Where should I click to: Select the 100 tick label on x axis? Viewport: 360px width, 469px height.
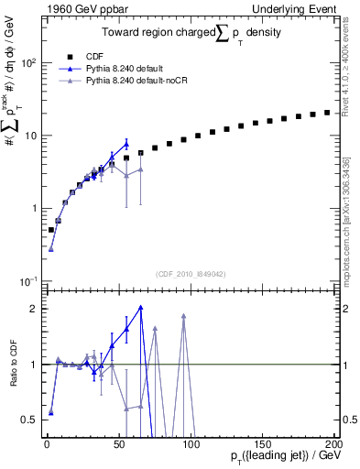pyautogui.click(x=191, y=444)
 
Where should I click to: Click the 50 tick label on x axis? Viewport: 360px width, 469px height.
pyautogui.click(x=118, y=444)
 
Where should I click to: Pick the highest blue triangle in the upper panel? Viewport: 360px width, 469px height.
pyautogui.click(x=126, y=143)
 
